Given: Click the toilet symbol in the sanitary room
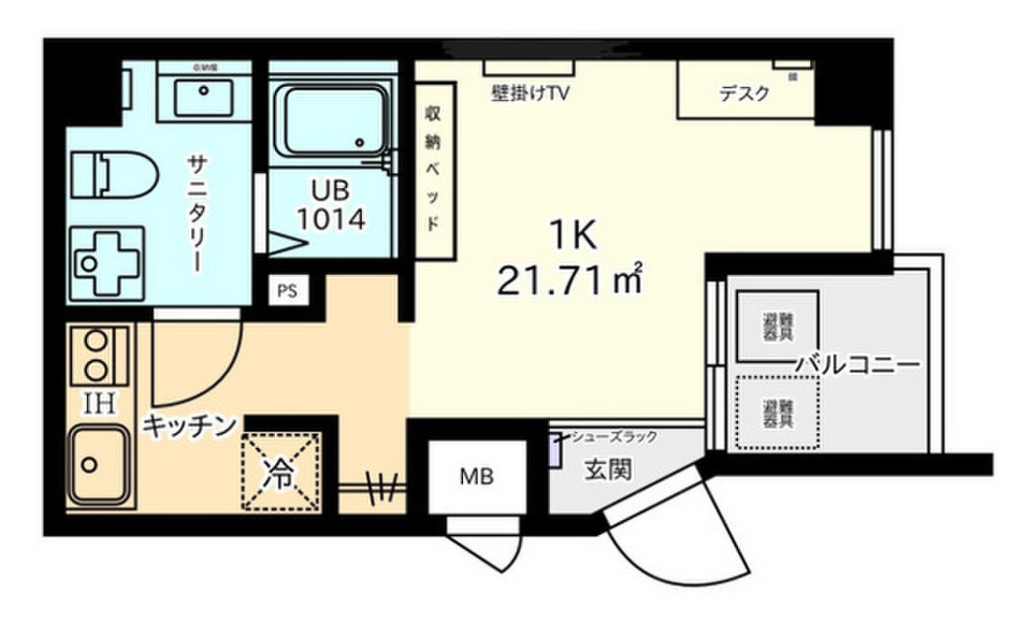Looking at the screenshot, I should point(115,176).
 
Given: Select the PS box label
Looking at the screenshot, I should point(287,292).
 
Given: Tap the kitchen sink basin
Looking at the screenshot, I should point(99,463).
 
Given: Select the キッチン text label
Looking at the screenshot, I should point(190,425).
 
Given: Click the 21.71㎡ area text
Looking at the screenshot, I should point(571,282).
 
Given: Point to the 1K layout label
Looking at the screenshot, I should point(571,234).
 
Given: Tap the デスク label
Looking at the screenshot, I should point(743,94).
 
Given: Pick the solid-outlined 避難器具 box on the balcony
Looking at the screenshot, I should point(778,326).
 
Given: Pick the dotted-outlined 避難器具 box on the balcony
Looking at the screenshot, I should point(778,412).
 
